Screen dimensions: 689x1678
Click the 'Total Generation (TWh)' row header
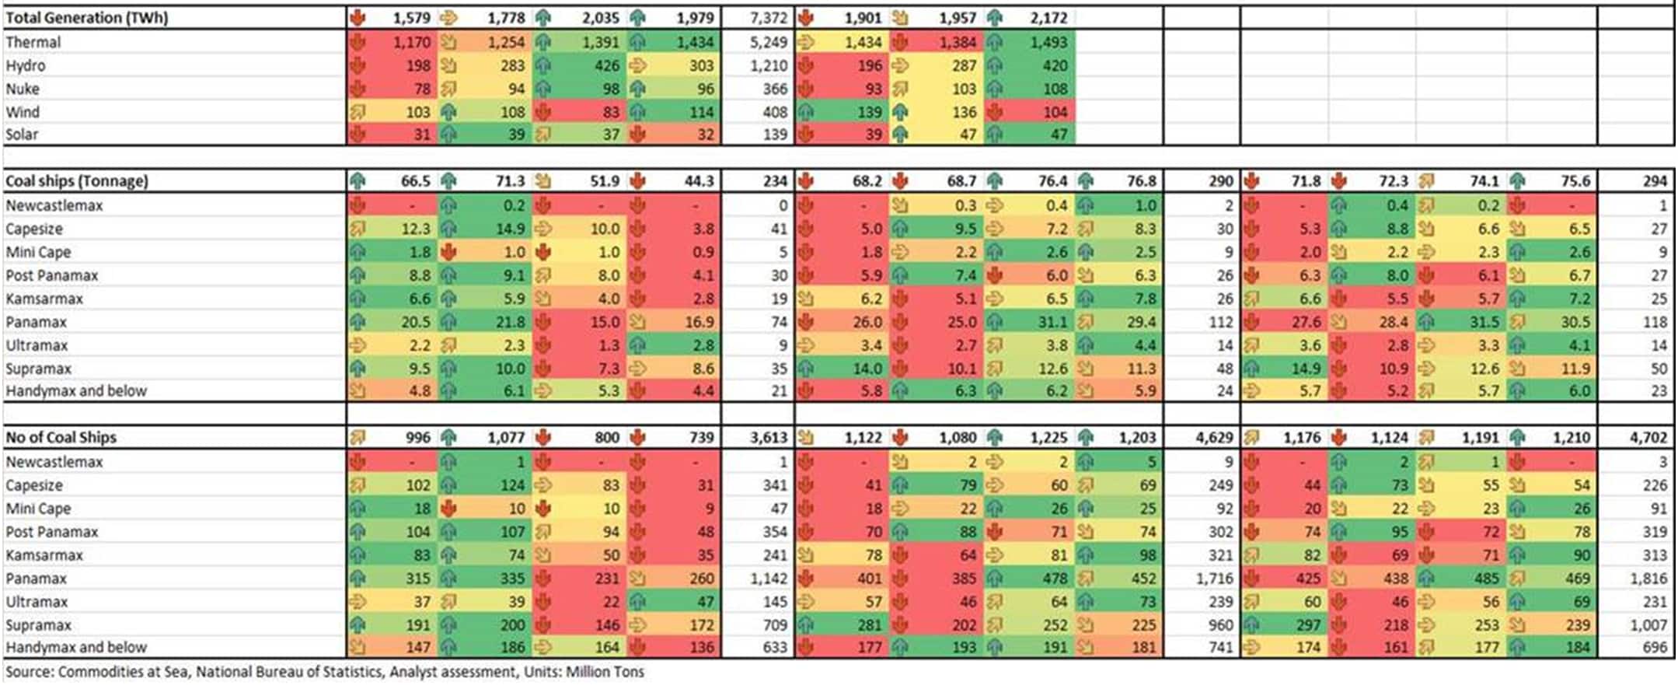pos(86,18)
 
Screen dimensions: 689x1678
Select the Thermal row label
pos(33,42)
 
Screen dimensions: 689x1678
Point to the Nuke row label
pos(23,89)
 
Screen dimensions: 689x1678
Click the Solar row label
pos(22,135)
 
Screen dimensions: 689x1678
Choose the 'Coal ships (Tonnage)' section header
pos(76,181)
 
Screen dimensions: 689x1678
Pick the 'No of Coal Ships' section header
pos(61,437)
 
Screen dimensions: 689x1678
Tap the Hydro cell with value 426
pos(607,65)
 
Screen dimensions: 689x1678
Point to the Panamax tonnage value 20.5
pos(416,322)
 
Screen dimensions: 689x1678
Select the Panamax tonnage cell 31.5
pos(1484,322)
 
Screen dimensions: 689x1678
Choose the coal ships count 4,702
pos(1648,437)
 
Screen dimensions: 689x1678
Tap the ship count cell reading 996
pos(417,437)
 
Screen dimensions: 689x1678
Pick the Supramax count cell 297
pos(1308,625)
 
